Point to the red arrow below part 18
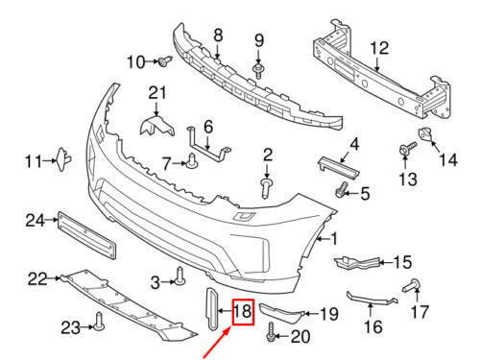(217, 342)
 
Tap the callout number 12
(379, 48)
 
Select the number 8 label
(218, 35)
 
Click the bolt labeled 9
(258, 71)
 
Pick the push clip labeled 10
(165, 60)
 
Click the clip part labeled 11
(62, 159)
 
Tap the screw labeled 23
(99, 322)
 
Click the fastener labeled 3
(180, 276)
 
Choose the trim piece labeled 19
(280, 312)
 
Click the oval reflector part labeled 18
(212, 308)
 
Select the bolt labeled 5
(342, 189)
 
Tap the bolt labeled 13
(408, 149)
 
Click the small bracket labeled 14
(426, 133)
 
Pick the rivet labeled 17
(412, 285)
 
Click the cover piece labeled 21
(156, 126)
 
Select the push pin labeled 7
(192, 161)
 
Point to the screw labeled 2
(266, 188)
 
